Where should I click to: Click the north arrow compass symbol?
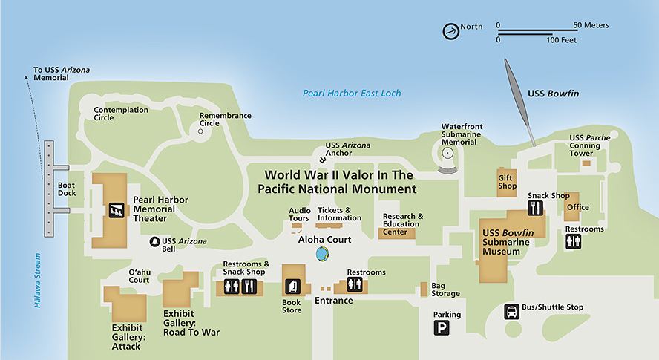click(450, 31)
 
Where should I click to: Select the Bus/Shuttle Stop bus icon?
click(512, 312)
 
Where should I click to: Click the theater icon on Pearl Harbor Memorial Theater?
click(117, 210)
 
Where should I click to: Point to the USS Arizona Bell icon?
click(155, 241)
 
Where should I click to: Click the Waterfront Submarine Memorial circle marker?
click(447, 153)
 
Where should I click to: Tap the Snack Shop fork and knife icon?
click(537, 208)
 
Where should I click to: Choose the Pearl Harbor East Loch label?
click(351, 94)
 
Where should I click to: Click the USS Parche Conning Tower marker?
click(586, 163)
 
